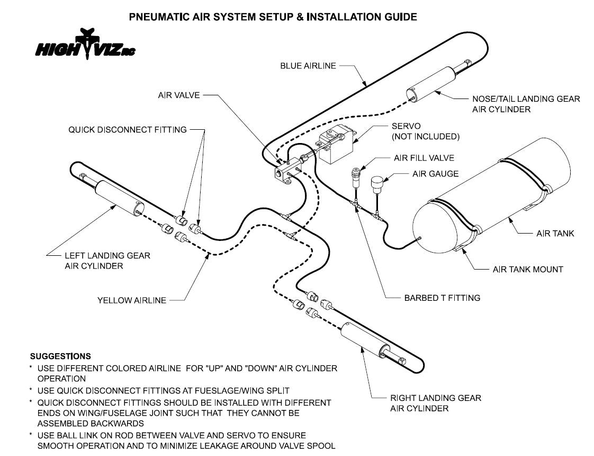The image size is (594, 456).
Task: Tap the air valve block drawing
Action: click(x=286, y=172)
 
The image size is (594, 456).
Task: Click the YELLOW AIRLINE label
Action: click(x=131, y=300)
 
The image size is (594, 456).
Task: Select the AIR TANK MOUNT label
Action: click(x=527, y=269)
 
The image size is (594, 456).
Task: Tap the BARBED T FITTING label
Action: click(x=442, y=298)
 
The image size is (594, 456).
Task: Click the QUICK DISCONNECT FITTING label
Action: click(x=127, y=129)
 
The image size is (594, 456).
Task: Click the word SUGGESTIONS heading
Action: click(x=60, y=356)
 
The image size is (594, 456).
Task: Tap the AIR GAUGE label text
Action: click(x=435, y=174)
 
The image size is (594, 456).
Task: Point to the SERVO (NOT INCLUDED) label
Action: click(x=425, y=131)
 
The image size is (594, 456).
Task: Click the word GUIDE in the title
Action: click(x=400, y=17)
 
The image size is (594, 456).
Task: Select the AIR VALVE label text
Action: click(x=178, y=95)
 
